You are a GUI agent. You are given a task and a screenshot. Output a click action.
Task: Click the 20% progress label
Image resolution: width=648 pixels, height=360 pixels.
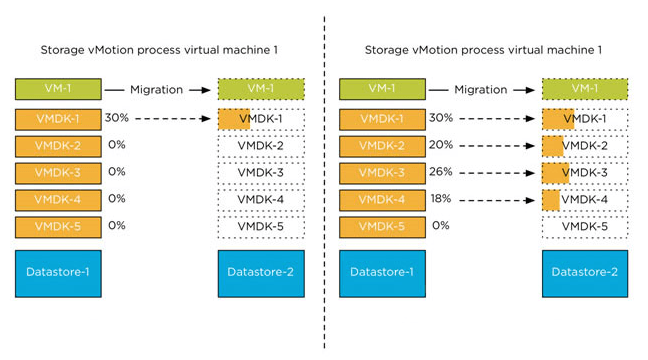click(x=441, y=144)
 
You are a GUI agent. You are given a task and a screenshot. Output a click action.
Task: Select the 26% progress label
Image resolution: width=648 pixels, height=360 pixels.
click(x=441, y=171)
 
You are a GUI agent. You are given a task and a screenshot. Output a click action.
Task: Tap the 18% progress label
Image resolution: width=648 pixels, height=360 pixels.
click(x=441, y=198)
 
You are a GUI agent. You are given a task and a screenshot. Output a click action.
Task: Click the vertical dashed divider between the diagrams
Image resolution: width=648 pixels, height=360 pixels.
click(x=324, y=180)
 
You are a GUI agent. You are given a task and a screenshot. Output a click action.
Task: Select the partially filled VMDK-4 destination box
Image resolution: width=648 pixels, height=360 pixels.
click(x=584, y=200)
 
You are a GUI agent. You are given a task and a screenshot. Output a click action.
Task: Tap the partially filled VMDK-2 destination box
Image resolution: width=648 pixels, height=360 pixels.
click(x=584, y=146)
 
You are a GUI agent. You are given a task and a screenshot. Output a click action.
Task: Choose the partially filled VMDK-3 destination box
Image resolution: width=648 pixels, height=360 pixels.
click(x=584, y=173)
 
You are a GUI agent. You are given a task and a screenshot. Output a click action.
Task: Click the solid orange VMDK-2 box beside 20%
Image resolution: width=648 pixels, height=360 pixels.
click(x=382, y=146)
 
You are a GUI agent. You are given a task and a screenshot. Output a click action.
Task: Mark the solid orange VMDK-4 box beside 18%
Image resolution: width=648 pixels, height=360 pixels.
click(x=382, y=200)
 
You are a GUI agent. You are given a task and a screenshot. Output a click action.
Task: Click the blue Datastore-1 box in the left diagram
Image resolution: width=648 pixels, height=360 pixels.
click(x=57, y=273)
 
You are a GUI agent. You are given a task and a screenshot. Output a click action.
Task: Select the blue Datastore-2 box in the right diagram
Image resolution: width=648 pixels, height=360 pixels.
click(x=584, y=273)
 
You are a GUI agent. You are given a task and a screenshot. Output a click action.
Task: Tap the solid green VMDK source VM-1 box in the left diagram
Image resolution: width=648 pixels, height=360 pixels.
click(x=57, y=90)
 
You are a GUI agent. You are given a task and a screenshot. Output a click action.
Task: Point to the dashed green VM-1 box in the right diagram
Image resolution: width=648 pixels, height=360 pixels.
click(x=584, y=90)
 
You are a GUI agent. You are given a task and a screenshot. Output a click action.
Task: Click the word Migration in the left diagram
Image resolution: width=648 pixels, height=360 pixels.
click(x=156, y=90)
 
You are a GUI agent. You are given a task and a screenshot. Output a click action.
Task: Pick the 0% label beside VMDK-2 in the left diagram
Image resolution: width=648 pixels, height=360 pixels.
click(x=117, y=144)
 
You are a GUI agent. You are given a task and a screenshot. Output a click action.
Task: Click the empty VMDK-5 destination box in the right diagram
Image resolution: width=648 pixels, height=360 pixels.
click(x=584, y=226)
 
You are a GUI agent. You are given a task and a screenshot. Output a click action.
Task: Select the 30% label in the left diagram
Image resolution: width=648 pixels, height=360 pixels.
click(x=118, y=117)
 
